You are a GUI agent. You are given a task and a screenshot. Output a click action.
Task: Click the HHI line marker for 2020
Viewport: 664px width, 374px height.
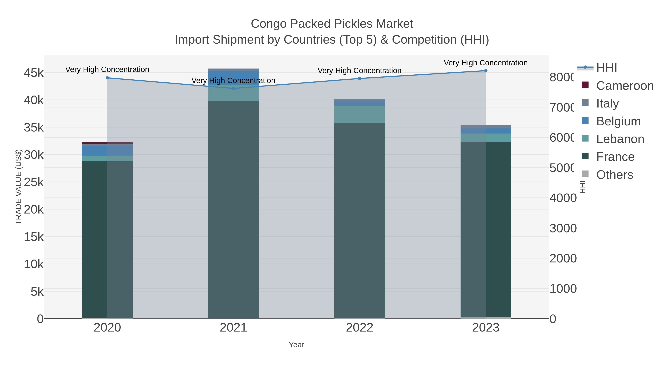(x=107, y=78)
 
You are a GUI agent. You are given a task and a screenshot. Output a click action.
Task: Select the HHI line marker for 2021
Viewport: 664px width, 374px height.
(x=233, y=88)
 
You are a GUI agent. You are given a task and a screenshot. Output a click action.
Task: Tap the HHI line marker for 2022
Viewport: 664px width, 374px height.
(x=360, y=78)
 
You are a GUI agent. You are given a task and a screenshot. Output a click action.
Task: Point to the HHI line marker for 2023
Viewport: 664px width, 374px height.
(x=486, y=71)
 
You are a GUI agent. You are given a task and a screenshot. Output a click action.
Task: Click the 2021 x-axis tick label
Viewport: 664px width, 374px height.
(x=233, y=328)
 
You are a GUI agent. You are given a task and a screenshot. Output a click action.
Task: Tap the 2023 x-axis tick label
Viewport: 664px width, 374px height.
(x=486, y=328)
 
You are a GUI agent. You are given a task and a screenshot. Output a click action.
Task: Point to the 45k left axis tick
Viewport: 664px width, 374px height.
(x=34, y=73)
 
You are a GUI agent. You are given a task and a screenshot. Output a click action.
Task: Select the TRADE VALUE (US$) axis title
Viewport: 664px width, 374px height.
(x=19, y=187)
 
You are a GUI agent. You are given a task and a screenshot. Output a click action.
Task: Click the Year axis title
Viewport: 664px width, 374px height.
(x=296, y=345)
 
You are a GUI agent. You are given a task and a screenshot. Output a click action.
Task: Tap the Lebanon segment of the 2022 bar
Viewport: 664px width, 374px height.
(x=360, y=114)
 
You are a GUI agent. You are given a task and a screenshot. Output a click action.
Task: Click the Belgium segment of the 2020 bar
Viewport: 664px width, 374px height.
(x=107, y=151)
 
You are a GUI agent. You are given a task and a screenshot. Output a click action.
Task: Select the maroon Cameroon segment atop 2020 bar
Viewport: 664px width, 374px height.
(x=107, y=143)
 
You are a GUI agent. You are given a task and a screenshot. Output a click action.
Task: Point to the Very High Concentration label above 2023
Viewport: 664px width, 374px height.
(x=486, y=63)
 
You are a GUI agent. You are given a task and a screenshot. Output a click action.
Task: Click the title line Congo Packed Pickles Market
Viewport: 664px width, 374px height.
(x=332, y=24)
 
